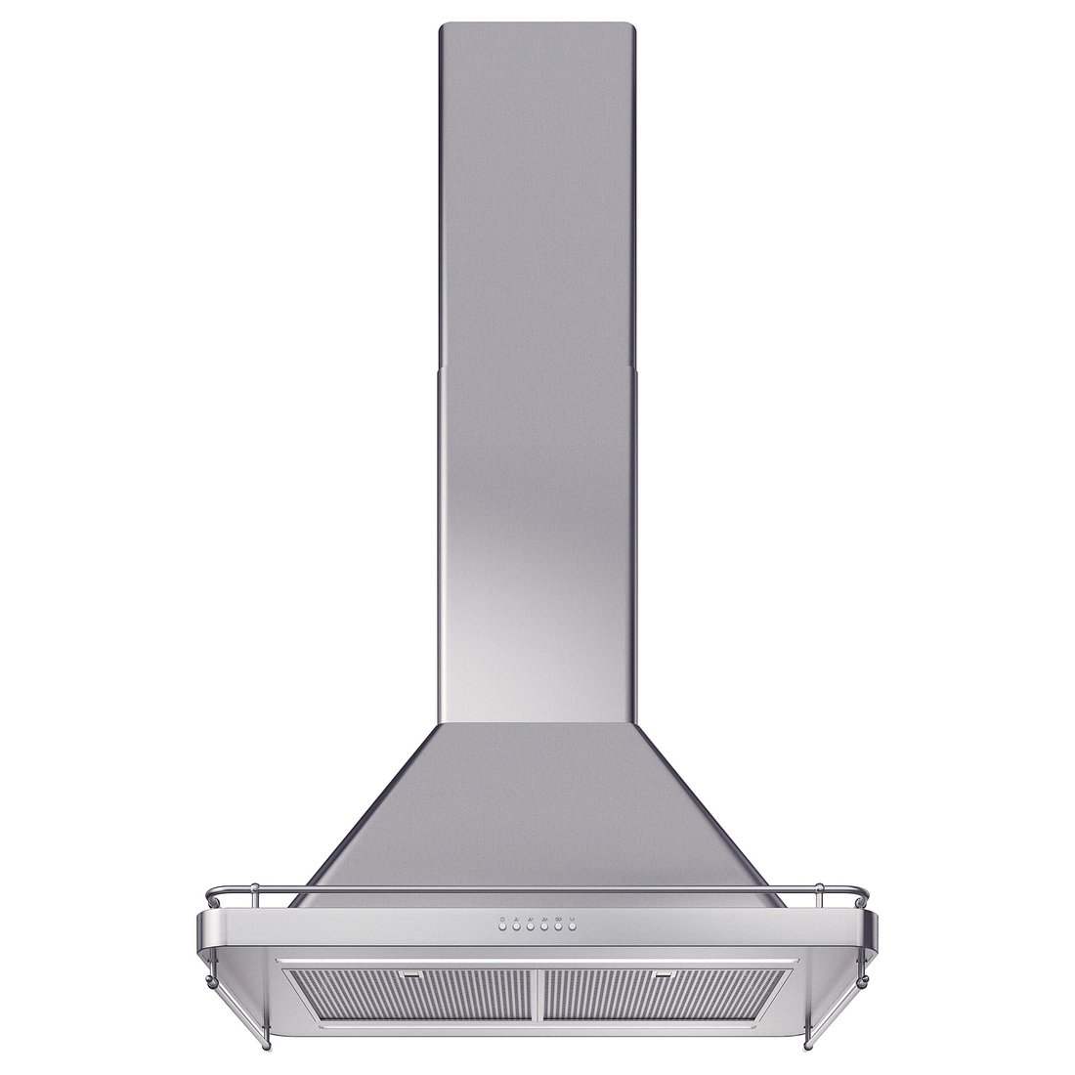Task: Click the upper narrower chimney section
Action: point(537,195)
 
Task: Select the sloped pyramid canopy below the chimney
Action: point(537,801)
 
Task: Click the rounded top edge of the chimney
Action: point(537,23)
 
